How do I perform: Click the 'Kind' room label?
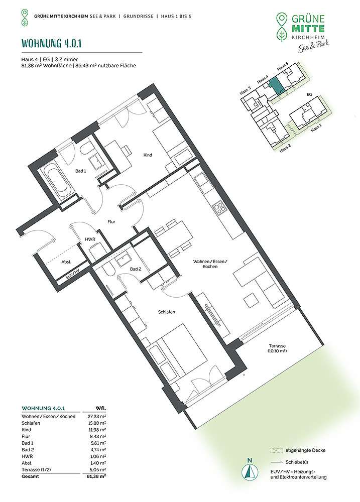[x=148, y=155]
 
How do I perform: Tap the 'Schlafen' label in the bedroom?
[x=167, y=312]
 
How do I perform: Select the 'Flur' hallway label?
[x=111, y=221]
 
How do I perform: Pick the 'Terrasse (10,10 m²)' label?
[x=277, y=348]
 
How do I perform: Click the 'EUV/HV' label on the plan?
[x=72, y=274]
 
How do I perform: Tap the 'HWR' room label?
[x=90, y=239]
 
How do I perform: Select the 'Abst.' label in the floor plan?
[x=66, y=262]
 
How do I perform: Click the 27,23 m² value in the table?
[x=98, y=417]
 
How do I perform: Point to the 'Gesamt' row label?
[x=30, y=476]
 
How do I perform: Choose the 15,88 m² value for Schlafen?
[x=98, y=423]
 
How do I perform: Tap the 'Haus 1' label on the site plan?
[x=316, y=128]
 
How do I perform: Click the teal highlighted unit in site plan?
[x=275, y=85]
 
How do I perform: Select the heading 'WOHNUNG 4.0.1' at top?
[x=51, y=43]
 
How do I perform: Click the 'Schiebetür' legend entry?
[x=297, y=462]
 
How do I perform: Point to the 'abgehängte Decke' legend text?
[x=305, y=450]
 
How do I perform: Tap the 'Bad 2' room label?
[x=136, y=269]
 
